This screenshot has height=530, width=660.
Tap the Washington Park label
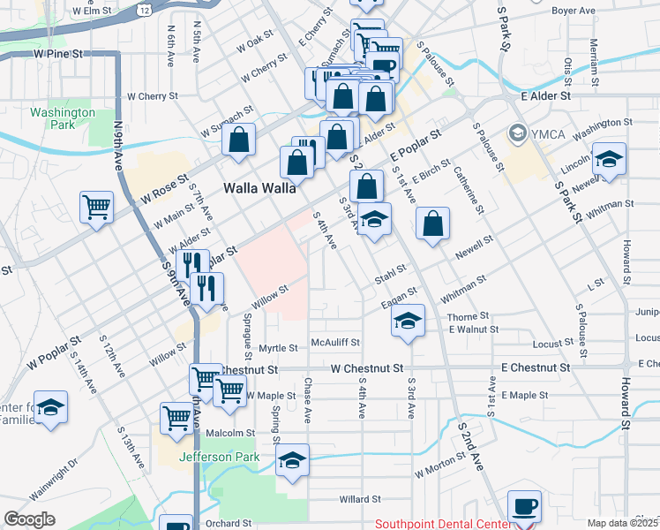point(62,118)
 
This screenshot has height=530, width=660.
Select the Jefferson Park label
point(220,457)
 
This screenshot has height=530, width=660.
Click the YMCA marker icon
point(518,134)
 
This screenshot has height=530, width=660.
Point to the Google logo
point(29,519)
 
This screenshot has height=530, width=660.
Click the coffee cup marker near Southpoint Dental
point(525,505)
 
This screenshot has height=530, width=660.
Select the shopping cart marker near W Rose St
point(96,207)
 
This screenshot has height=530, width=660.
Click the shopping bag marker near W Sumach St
point(238,139)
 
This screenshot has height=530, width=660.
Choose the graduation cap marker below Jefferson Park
point(293,459)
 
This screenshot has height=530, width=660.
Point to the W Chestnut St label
point(367,367)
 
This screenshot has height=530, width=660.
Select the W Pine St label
point(58,54)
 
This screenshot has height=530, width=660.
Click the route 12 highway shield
point(143,8)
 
